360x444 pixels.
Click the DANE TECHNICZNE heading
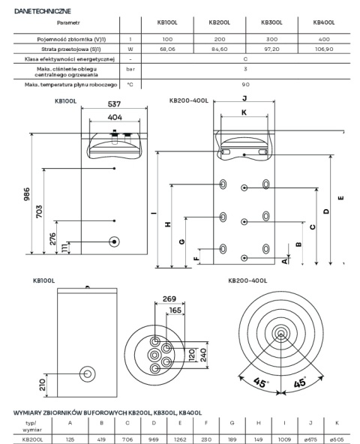[x=43, y=11]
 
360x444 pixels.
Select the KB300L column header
[x=271, y=22]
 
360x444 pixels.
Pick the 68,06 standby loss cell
[x=167, y=49]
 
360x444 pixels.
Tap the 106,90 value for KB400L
[x=324, y=49]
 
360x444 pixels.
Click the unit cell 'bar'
[x=130, y=69]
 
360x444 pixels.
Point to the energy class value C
[x=245, y=59]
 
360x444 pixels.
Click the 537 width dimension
[x=114, y=104]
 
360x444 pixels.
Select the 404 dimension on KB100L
[x=115, y=117]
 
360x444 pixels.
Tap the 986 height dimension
[x=26, y=194]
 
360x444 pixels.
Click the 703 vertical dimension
[x=39, y=211]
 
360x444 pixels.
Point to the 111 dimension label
[x=64, y=247]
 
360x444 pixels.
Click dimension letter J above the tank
[x=244, y=98]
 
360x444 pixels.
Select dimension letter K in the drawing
[x=244, y=112]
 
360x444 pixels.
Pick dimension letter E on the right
[x=341, y=198]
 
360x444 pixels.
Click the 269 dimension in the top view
[x=169, y=298]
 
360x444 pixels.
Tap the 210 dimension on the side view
[x=43, y=385]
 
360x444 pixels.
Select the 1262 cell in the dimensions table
[x=180, y=439]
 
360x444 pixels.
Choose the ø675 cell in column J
[x=310, y=439]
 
